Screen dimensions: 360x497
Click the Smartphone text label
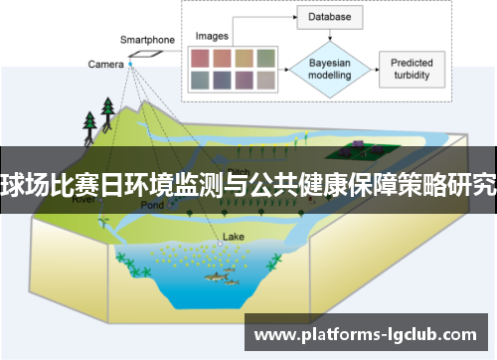pos(147,40)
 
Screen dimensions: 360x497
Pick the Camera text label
pos(105,65)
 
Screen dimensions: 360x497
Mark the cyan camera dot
pos(130,65)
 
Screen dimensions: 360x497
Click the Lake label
pos(233,237)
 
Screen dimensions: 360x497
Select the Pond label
pos(152,204)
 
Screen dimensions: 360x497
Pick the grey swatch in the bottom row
pos(265,80)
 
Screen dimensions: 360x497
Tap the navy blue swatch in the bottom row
pos(221,80)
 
